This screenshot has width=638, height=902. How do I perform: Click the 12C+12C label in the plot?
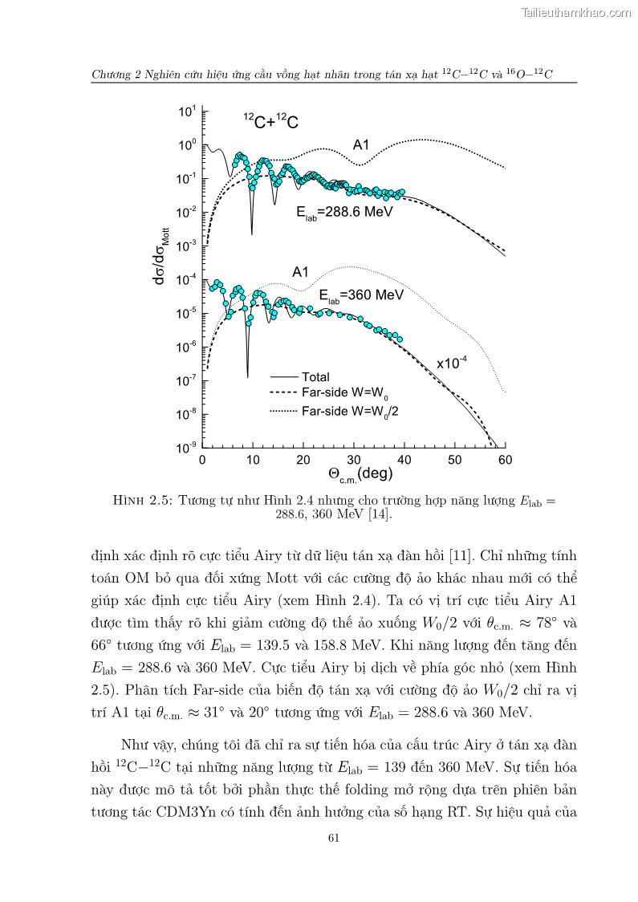point(272,121)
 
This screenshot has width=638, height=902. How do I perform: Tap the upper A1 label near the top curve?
point(361,145)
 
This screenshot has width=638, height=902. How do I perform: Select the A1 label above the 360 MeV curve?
point(300,272)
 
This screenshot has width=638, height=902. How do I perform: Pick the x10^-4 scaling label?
point(452,363)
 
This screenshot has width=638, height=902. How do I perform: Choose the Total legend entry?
point(315,376)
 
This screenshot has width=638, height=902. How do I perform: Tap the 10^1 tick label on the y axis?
point(186,112)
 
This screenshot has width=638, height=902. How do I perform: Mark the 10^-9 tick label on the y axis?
point(186,448)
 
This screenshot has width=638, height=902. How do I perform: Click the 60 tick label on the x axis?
point(505,460)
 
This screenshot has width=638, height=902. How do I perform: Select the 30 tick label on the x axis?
point(353,460)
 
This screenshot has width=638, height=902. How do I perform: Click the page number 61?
point(335,838)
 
